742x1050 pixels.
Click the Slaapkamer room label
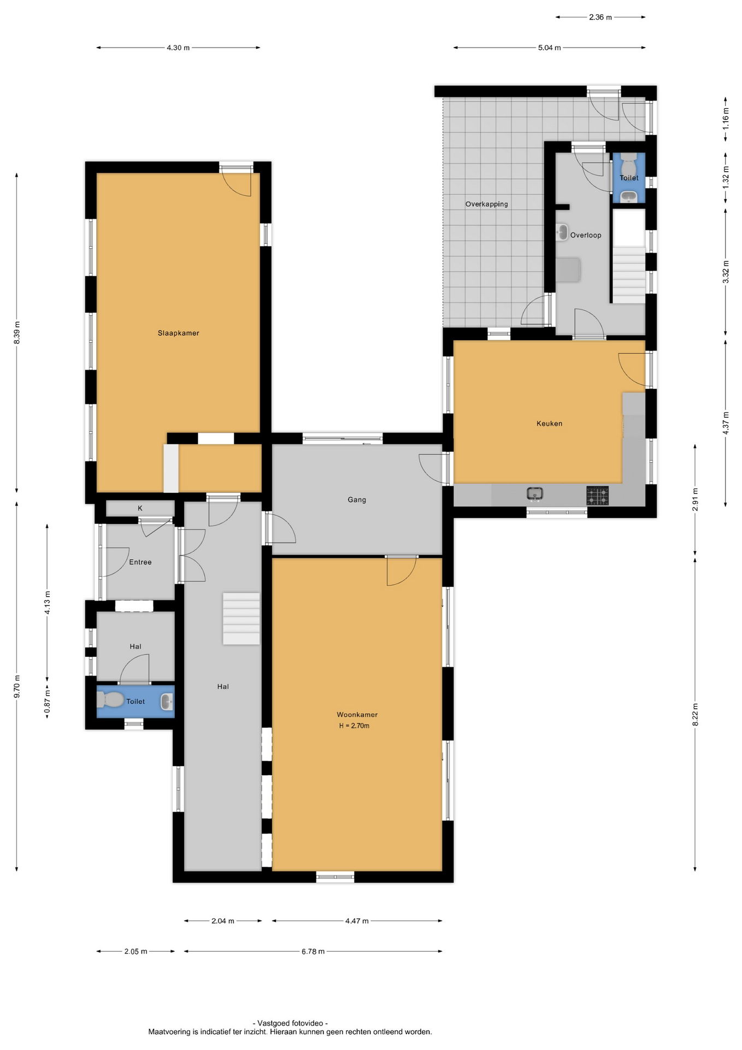pyautogui.click(x=178, y=333)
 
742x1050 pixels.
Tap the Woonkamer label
pyautogui.click(x=357, y=715)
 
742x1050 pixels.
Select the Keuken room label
pyautogui.click(x=549, y=423)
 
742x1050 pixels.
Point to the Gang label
pyautogui.click(x=357, y=499)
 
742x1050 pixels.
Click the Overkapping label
pyautogui.click(x=486, y=204)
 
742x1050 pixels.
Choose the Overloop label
pyautogui.click(x=586, y=235)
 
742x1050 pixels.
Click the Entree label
pyautogui.click(x=140, y=562)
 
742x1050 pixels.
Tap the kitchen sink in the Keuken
pyautogui.click(x=535, y=494)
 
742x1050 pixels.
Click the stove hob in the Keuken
pyautogui.click(x=597, y=495)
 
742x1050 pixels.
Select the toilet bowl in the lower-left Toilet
pyautogui.click(x=110, y=699)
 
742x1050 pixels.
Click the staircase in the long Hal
pyautogui.click(x=241, y=619)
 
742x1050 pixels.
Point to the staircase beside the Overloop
pyautogui.click(x=628, y=275)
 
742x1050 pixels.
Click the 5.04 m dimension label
pyautogui.click(x=549, y=48)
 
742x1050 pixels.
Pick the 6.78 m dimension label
pyautogui.click(x=313, y=952)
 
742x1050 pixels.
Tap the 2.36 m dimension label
pyautogui.click(x=600, y=17)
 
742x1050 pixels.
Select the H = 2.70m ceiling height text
pyautogui.click(x=354, y=726)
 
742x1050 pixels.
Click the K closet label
pyautogui.click(x=140, y=508)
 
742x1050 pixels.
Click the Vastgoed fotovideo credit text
pyautogui.click(x=290, y=1023)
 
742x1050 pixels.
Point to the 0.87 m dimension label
pyautogui.click(x=48, y=701)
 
